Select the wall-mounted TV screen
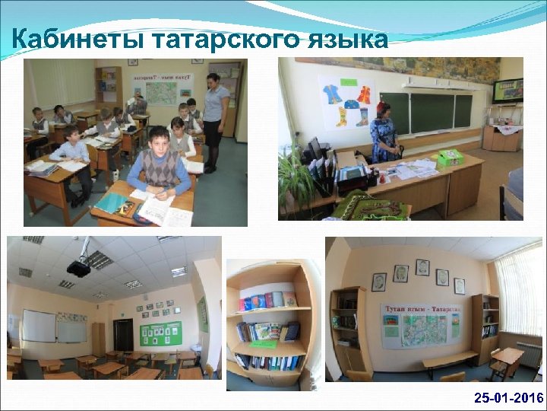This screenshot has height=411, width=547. pyautogui.click(x=507, y=91)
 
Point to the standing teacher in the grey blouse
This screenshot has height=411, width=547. pyautogui.click(x=213, y=114)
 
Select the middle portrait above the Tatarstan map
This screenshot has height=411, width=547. pyautogui.click(x=422, y=268)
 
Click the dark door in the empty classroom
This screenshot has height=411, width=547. pyautogui.click(x=123, y=334)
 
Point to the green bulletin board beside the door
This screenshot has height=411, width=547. pyautogui.click(x=160, y=333)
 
